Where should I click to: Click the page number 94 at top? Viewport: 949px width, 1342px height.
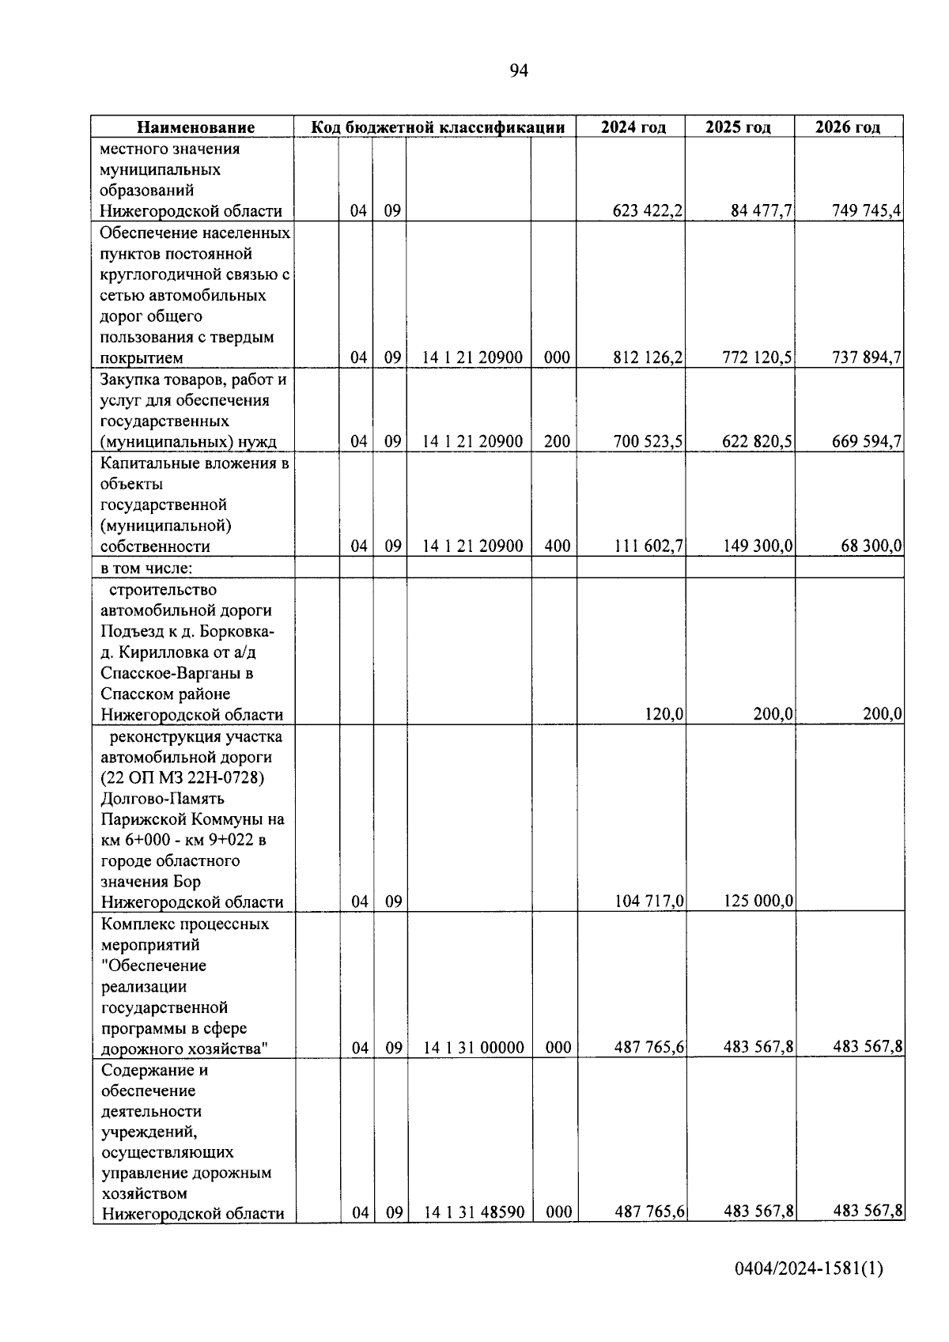[x=518, y=71]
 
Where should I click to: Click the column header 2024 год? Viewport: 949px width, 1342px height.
[x=633, y=127]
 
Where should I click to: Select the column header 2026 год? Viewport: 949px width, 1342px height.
[x=848, y=127]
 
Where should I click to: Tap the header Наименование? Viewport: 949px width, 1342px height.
[x=195, y=127]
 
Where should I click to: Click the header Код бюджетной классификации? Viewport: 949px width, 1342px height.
[x=437, y=127]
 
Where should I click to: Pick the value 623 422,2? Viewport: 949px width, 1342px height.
[x=648, y=211]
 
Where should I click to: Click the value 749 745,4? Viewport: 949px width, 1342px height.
[x=867, y=211]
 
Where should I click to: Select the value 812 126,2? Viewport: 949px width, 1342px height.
[x=648, y=357]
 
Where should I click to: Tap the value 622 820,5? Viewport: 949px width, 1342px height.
[x=757, y=441]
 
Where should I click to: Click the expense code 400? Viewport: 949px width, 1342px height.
[x=557, y=546]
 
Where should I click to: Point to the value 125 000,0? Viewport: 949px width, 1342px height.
[x=758, y=901]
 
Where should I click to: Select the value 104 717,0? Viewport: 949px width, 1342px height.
[x=648, y=901]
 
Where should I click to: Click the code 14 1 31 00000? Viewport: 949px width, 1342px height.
[x=473, y=1048]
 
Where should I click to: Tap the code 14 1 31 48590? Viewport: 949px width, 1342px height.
[x=473, y=1212]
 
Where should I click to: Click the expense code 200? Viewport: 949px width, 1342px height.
[x=557, y=441]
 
